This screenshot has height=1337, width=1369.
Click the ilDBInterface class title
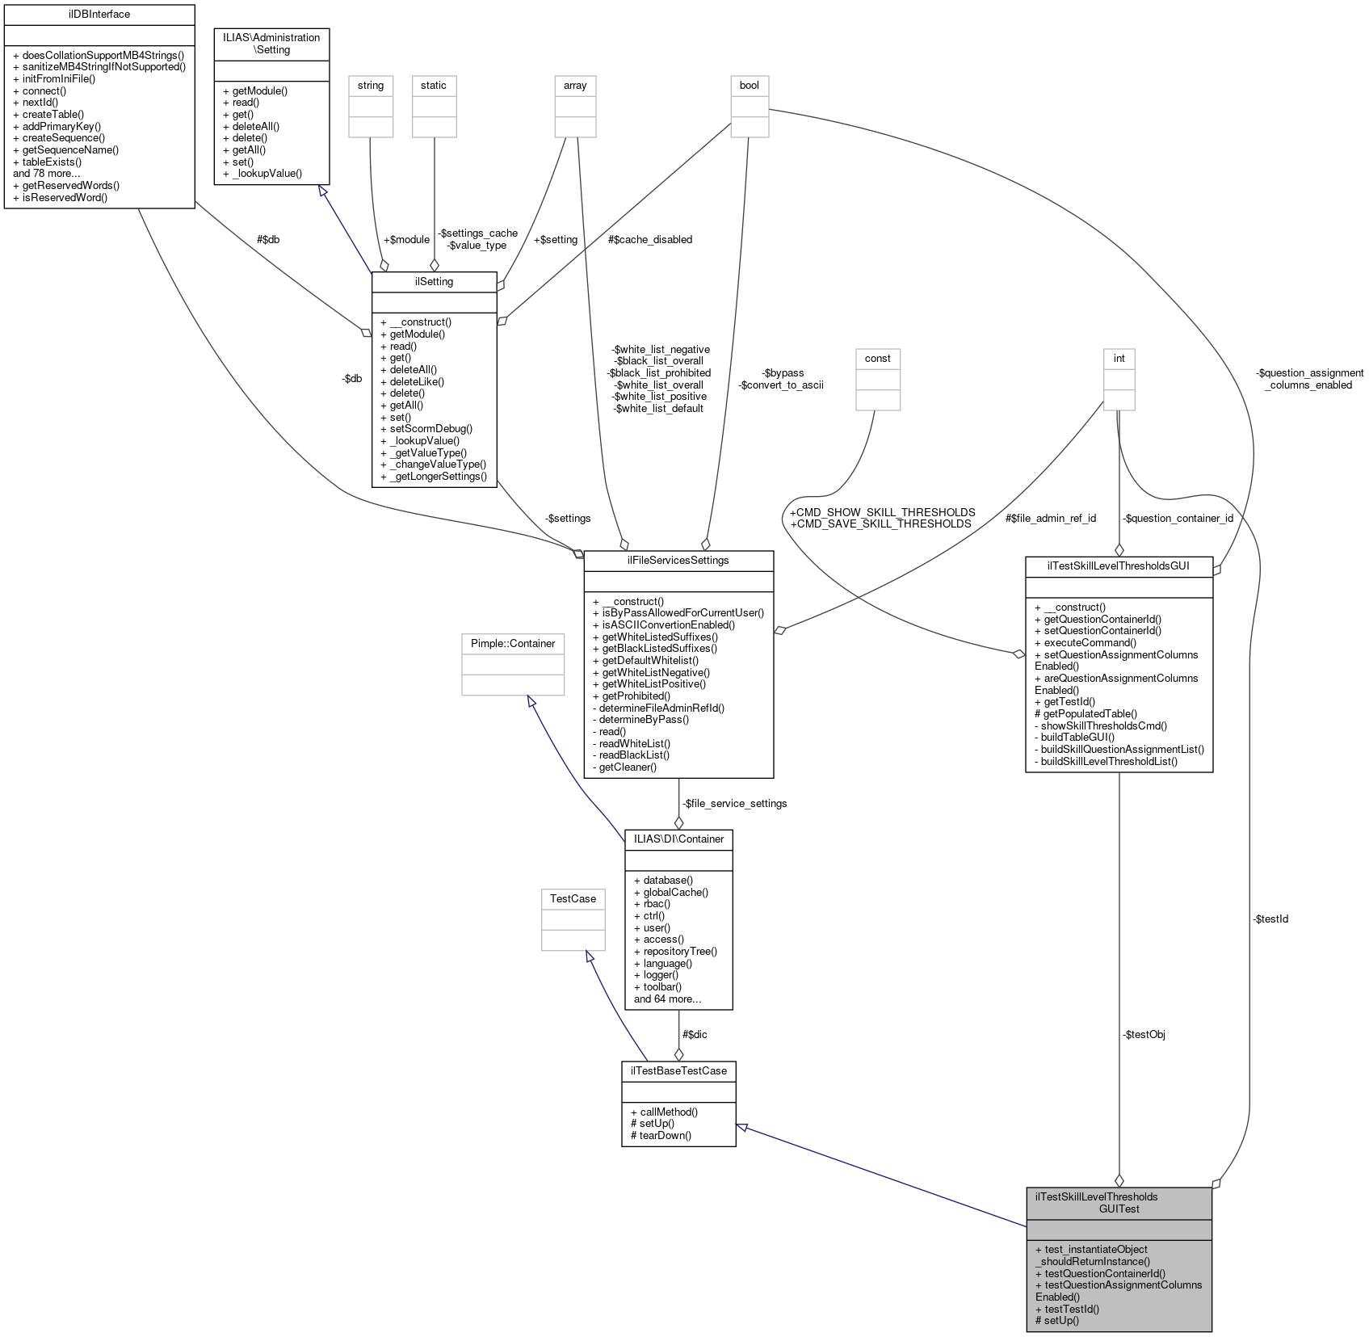99,14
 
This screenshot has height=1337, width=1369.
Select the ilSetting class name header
434,281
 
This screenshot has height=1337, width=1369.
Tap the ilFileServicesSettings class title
678,560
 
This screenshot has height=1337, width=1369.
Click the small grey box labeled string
371,86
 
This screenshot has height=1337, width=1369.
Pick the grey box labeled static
434,86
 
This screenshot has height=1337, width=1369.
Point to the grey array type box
575,86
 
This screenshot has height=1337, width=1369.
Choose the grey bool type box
749,86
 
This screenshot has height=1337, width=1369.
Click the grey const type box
877,359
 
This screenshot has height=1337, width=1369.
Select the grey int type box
1119,359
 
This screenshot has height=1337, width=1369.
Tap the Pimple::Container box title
513,643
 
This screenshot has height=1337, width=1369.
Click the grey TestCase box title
573,898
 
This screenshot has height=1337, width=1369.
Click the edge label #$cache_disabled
651,239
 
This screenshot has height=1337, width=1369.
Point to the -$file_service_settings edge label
734,803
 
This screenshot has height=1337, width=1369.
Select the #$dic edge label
695,1034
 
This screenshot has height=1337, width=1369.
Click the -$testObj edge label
1143,1034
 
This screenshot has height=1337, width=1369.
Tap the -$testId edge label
1270,919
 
